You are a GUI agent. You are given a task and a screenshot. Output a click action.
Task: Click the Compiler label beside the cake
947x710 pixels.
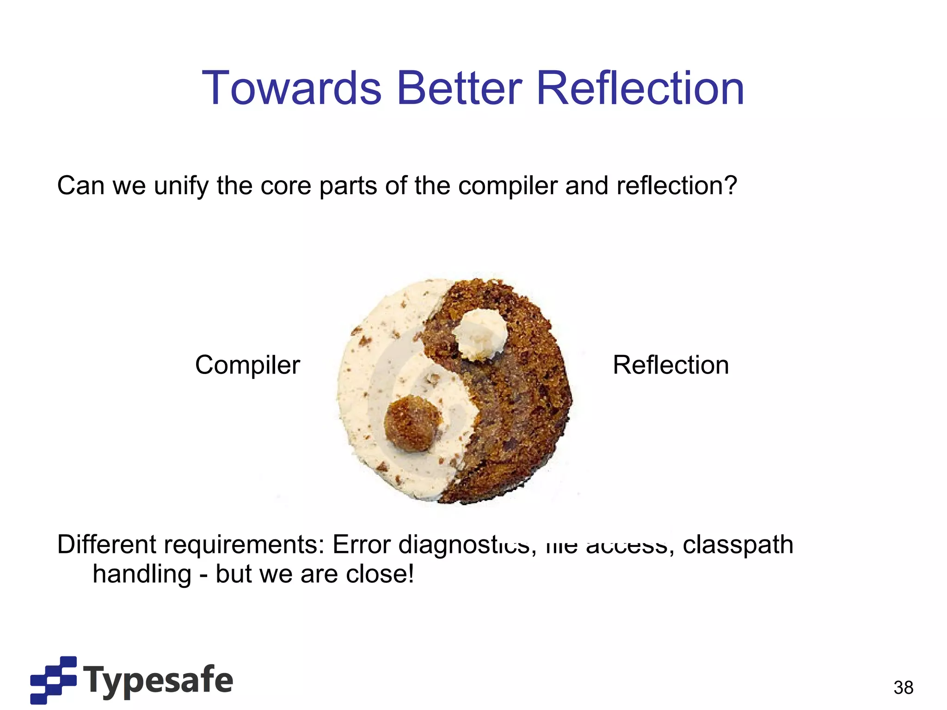tap(247, 365)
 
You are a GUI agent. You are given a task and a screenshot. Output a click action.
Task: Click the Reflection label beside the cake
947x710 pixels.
tap(670, 365)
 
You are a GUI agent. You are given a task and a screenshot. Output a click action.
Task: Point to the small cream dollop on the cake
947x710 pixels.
tap(480, 334)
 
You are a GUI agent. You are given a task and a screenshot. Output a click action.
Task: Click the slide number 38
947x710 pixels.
tap(903, 687)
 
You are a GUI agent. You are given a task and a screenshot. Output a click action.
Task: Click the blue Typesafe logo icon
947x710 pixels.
tap(53, 679)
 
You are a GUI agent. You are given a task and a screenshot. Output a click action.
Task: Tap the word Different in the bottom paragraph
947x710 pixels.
tap(106, 544)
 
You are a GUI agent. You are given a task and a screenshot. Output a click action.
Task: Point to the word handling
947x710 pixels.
tap(141, 574)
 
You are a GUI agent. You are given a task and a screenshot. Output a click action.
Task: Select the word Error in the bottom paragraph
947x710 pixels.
tap(361, 544)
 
